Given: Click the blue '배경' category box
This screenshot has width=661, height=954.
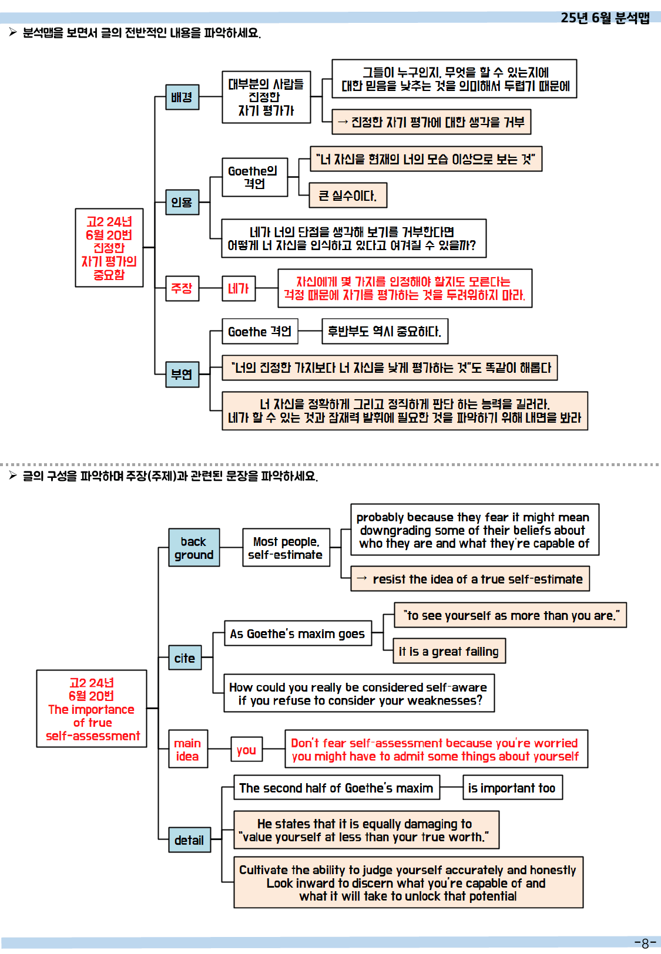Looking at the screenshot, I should coord(182,97).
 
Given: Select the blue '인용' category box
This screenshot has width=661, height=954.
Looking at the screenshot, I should coord(182,202).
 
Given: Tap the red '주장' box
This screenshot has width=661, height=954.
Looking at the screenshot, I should coord(182,288).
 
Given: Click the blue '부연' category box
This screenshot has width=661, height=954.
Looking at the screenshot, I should coord(182,374).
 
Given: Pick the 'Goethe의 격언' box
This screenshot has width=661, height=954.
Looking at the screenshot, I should coord(254,177).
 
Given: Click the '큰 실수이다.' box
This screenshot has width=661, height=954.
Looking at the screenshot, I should coord(348,195).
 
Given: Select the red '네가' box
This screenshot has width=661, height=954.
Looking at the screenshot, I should coord(239,288).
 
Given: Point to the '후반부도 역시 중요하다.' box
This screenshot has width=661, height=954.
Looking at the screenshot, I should coord(385,332).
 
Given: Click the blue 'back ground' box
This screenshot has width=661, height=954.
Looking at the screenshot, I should coord(194,548).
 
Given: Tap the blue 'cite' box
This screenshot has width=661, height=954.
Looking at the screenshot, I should coord(184,658).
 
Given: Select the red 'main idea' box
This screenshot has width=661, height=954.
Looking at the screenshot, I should coord(187,750).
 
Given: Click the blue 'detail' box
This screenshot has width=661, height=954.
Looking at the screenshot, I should coord(189,840).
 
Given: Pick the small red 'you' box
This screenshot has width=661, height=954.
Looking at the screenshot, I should coord(246,750).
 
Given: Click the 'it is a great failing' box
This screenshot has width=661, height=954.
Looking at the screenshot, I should coord(449,651).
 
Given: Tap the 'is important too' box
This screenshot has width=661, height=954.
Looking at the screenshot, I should coord(512,788).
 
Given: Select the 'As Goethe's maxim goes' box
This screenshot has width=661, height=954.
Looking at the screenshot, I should coord(298,633).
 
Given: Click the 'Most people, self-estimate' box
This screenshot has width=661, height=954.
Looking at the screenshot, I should coord(286,548).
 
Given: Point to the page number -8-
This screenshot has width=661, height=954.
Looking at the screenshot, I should coord(645,943).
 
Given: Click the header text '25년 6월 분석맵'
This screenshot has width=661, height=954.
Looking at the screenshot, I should coord(605,18).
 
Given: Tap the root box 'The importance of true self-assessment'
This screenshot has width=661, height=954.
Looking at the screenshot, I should coord(92,709).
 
